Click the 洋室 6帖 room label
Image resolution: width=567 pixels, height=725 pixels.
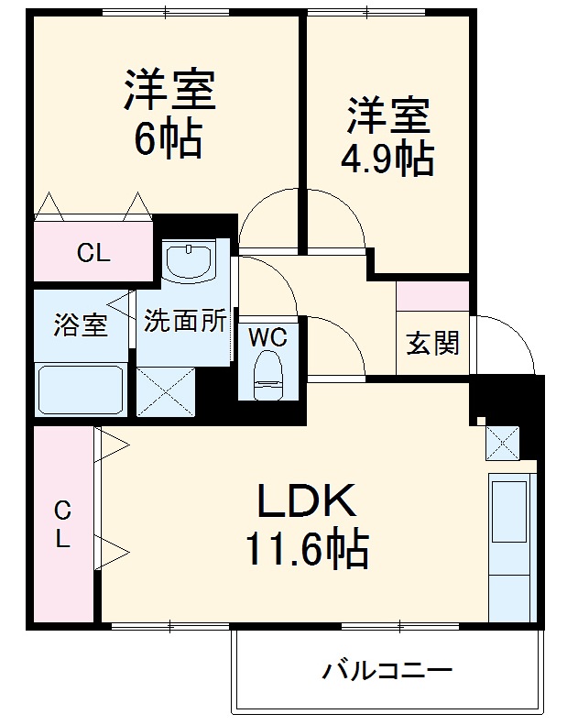click(x=169, y=114)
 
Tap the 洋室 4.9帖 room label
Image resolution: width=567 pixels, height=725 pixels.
click(x=387, y=136)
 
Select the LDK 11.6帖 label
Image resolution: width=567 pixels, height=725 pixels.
click(x=304, y=525)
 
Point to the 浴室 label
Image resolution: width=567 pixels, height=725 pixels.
click(x=81, y=324)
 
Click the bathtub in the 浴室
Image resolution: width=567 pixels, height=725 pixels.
click(x=81, y=389)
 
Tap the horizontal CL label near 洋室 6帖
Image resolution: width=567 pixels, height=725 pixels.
click(x=93, y=254)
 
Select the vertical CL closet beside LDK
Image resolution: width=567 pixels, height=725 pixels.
click(x=62, y=524)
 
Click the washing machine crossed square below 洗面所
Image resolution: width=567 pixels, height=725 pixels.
click(x=167, y=392)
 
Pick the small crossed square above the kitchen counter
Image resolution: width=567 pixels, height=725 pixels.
click(x=503, y=443)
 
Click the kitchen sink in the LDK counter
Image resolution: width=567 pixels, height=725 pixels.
click(x=510, y=510)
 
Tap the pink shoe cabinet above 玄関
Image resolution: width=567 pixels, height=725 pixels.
click(x=432, y=296)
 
